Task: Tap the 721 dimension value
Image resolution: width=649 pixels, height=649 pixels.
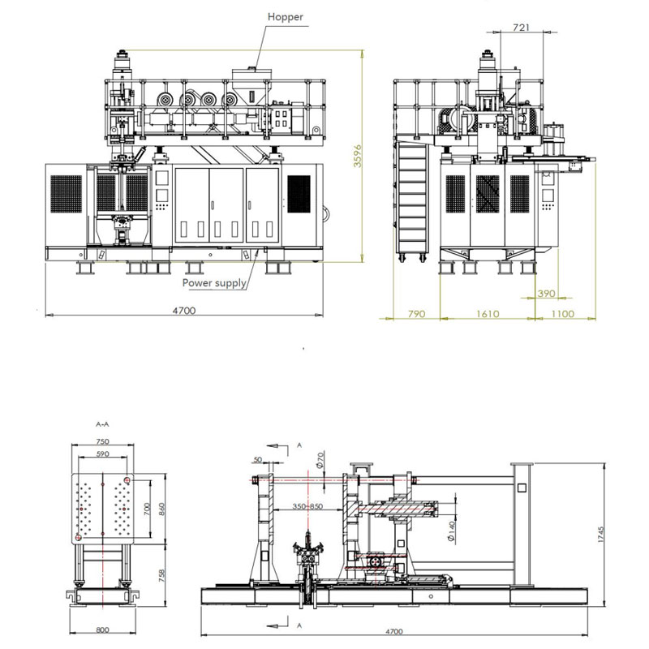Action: tap(522, 28)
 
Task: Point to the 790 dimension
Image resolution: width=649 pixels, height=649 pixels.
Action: tap(416, 313)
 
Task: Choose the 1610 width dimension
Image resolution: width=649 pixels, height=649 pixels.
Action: tap(488, 313)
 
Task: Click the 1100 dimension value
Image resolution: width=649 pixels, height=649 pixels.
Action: tap(561, 313)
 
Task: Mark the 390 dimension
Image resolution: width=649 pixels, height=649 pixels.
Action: tap(547, 294)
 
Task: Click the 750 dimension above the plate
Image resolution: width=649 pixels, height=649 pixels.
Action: tap(101, 442)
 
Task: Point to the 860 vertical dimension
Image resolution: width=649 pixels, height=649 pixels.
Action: tap(161, 509)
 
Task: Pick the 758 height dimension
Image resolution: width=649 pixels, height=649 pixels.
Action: tap(161, 575)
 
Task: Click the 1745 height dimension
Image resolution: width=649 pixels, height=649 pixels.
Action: tap(601, 534)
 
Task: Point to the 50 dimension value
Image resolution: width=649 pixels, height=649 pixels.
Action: tap(257, 460)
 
